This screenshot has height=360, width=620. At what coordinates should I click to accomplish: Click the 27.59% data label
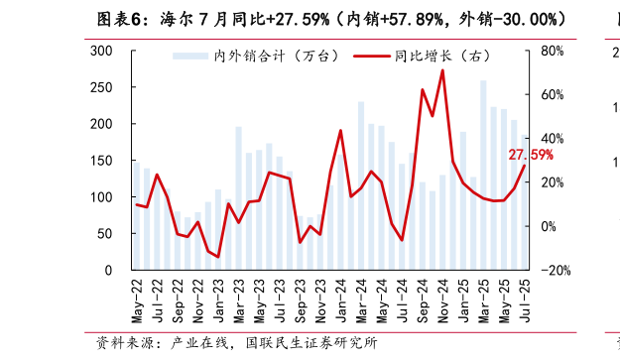[x=530, y=156]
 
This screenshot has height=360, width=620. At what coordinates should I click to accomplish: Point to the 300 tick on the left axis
[x=101, y=51]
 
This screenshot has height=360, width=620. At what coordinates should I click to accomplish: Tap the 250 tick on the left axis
[x=101, y=87]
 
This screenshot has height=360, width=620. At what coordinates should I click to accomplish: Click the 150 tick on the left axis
[x=101, y=161]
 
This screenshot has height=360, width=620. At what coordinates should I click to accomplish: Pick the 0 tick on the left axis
[x=109, y=270]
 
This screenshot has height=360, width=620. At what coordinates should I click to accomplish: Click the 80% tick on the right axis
[x=552, y=51]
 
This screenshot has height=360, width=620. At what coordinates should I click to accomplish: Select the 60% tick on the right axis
[x=552, y=95]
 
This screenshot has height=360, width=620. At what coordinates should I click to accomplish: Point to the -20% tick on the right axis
[x=556, y=270]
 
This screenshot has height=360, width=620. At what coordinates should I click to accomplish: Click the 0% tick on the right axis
[x=549, y=226]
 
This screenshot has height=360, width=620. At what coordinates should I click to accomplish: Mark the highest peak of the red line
[x=442, y=70]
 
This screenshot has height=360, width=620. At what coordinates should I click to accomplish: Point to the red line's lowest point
[x=218, y=256]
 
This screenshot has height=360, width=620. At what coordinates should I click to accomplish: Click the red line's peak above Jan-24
[x=340, y=131]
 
